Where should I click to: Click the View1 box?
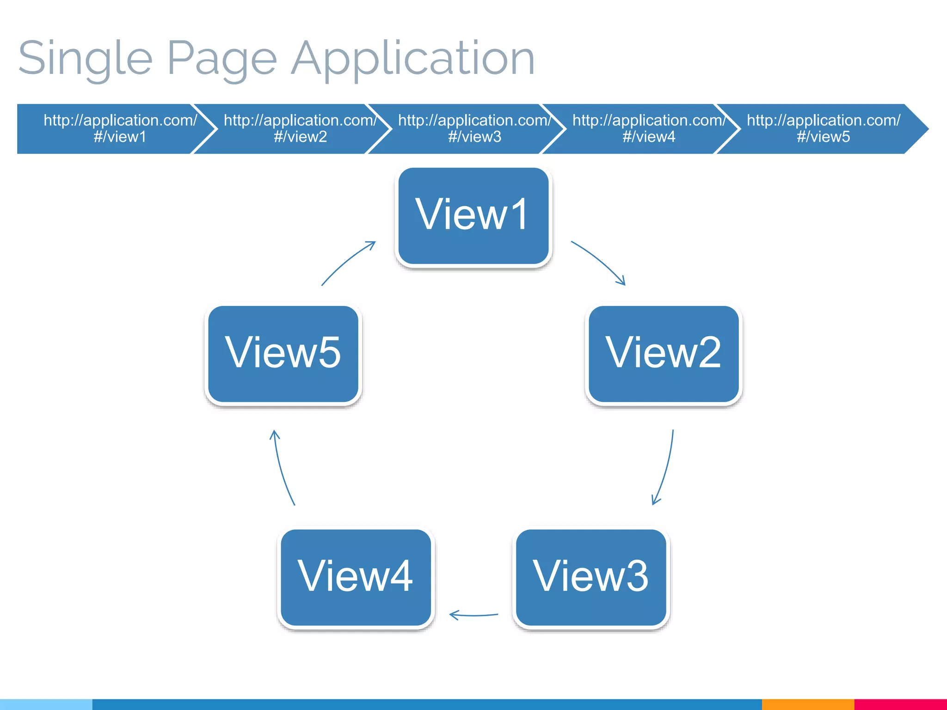(x=473, y=216)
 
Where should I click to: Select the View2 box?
(x=663, y=354)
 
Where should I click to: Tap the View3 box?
(x=591, y=577)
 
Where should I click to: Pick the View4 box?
(x=356, y=577)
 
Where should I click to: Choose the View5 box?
(x=283, y=354)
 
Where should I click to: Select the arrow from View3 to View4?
(x=474, y=615)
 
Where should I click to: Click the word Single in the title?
(x=86, y=59)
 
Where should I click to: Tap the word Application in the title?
(x=413, y=59)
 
